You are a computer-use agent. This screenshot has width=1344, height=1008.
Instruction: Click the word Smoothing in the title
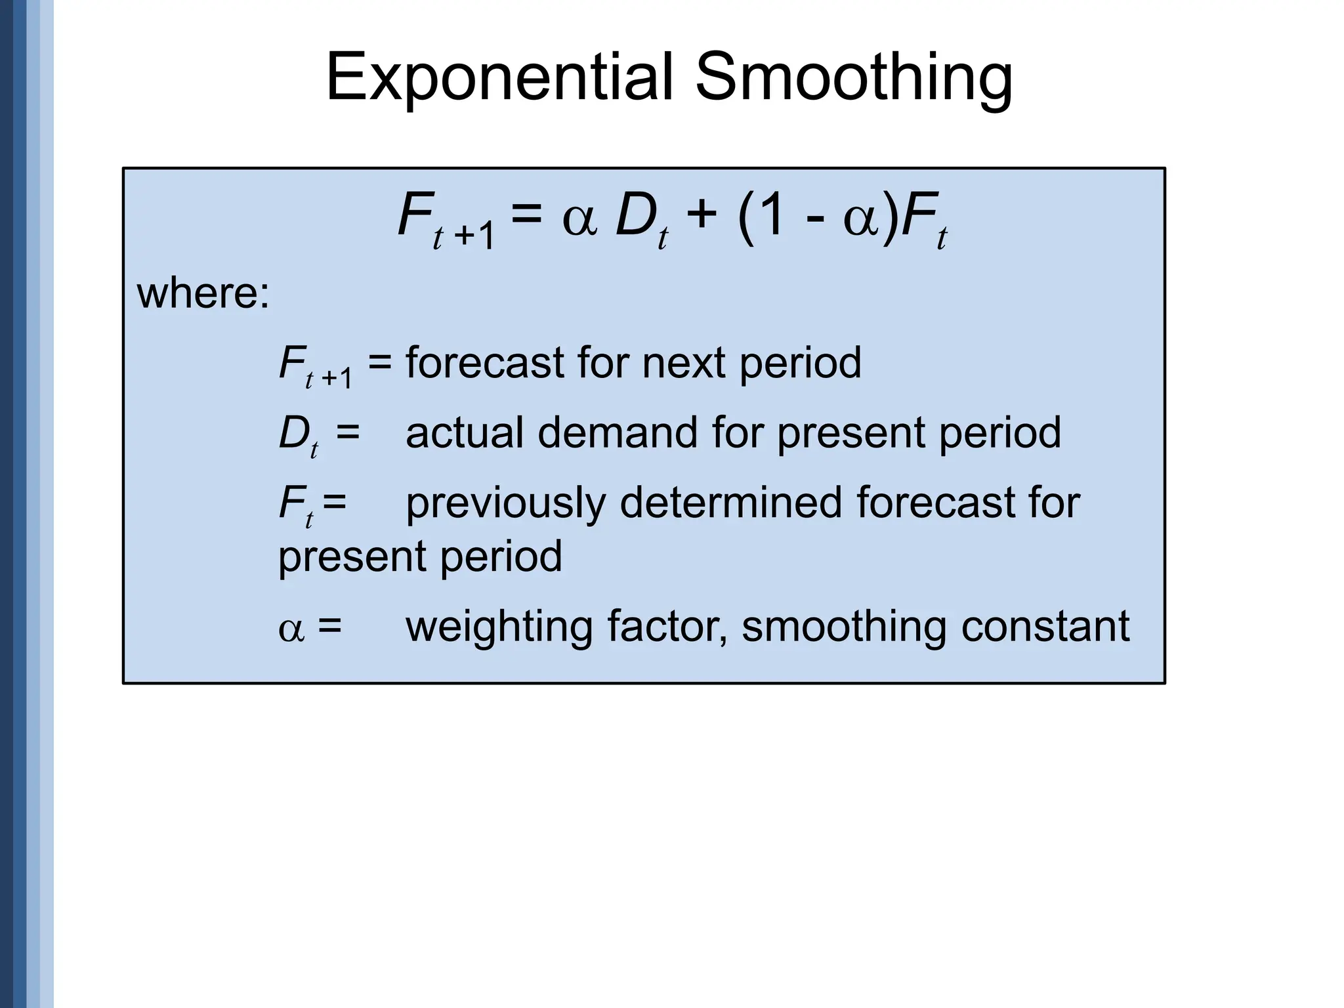click(854, 77)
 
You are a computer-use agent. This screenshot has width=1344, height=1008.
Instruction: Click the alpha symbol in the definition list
click(291, 629)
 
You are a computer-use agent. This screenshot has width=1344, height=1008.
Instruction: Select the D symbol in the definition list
click(293, 433)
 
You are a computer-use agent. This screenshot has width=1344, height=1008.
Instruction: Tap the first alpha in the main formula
click(579, 219)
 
